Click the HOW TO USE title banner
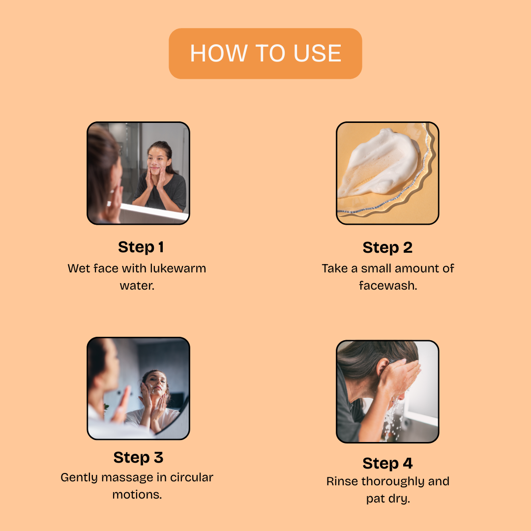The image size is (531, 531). click(x=265, y=54)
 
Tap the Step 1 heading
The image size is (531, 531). click(x=141, y=247)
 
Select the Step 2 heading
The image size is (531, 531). click(x=387, y=247)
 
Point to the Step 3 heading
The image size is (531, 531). click(x=138, y=458)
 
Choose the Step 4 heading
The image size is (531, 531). click(x=387, y=463)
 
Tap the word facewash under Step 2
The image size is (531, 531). click(x=388, y=286)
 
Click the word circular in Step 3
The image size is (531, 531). click(x=191, y=477)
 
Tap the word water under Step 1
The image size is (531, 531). click(x=137, y=286)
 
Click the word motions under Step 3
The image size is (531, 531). click(x=137, y=495)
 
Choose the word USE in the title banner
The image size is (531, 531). click(x=317, y=54)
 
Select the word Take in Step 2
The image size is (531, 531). click(x=335, y=268)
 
